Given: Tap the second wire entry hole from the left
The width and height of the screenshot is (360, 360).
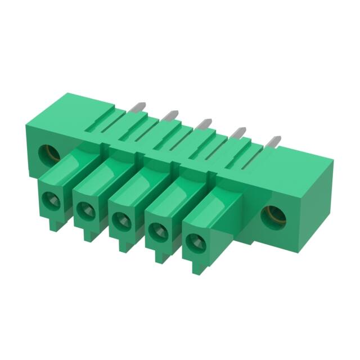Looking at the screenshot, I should coord(86,210).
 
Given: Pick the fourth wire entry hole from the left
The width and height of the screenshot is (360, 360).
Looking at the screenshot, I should coord(158,229).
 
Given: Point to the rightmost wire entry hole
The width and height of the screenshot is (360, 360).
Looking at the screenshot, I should coord(195,241).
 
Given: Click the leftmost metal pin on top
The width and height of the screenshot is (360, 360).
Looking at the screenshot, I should coord(136,107).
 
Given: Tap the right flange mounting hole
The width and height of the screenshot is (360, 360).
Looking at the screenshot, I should coord(274,214).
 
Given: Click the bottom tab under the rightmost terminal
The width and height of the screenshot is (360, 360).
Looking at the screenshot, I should coord(196,268).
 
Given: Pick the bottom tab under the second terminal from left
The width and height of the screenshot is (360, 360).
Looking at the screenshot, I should coord(88,235).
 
